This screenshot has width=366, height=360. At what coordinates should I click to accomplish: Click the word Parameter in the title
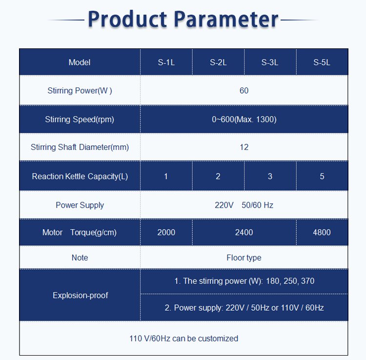click(226, 20)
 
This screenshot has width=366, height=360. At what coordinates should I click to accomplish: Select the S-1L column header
click(166, 63)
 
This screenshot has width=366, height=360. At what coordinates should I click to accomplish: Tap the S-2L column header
click(218, 63)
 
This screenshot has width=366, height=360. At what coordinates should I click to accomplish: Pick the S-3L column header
click(270, 63)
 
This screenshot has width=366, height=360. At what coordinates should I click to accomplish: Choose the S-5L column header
click(322, 63)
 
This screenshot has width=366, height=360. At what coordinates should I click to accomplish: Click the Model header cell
click(80, 63)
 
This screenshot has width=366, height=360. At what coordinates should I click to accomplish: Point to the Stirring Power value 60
click(244, 91)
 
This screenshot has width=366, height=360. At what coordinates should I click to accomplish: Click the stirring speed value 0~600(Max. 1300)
click(244, 119)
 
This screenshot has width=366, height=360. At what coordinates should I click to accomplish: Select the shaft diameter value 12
click(244, 147)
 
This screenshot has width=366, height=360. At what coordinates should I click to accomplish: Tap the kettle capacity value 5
click(322, 176)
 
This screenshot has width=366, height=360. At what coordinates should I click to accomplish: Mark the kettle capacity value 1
click(166, 176)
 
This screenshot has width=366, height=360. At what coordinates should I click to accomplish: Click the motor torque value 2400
click(244, 233)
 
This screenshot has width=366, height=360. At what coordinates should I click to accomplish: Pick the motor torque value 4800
click(322, 233)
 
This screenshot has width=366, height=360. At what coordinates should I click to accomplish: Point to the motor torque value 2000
click(166, 233)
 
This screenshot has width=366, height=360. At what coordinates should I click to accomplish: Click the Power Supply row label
click(80, 205)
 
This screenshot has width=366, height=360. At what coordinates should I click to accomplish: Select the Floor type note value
click(244, 258)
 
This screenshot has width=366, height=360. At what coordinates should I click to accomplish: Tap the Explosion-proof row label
click(81, 296)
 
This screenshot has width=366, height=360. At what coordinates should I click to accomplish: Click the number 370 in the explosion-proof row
click(307, 281)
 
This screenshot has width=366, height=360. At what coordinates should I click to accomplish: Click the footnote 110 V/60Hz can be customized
click(183, 339)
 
